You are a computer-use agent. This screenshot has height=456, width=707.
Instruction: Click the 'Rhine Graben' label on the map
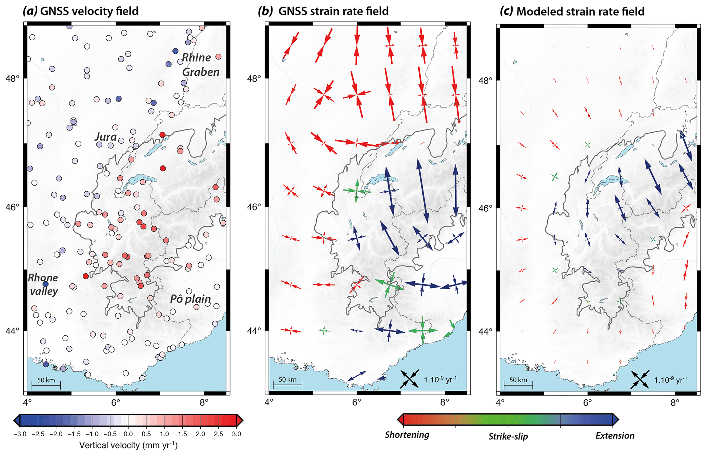tap(201, 65)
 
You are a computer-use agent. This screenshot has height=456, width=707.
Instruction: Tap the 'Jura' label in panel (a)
tap(106, 137)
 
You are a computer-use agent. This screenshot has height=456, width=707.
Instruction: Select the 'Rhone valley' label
tap(43, 284)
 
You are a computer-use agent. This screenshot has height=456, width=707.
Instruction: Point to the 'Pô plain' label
tap(191, 299)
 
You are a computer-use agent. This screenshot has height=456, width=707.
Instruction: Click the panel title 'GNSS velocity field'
tap(89, 11)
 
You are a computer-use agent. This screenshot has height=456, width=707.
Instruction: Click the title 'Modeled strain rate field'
tap(580, 11)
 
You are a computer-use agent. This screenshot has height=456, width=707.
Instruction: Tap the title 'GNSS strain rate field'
tap(333, 11)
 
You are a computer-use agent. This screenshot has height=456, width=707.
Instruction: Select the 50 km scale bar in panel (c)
tap(518, 385)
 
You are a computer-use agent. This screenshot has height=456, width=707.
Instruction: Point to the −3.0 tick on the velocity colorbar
tap(20, 434)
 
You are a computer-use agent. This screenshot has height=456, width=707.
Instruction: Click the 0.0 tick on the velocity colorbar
tap(128, 434)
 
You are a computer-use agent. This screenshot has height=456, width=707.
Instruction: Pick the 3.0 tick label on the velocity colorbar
tap(236, 434)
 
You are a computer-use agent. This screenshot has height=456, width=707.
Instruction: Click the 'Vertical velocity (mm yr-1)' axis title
tap(128, 445)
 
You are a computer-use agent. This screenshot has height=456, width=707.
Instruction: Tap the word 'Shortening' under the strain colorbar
tap(407, 435)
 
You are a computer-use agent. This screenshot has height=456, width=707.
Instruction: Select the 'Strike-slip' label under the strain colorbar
tap(508, 436)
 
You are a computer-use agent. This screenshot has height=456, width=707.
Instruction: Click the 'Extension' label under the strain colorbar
tap(615, 436)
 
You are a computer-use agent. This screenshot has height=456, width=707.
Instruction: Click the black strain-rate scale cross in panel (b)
tap(409, 379)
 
